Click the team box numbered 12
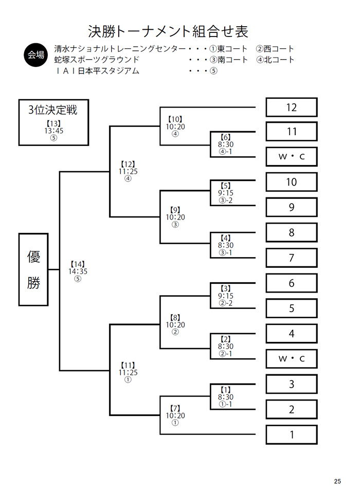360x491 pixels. (x=292, y=107)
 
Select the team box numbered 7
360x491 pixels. (x=292, y=258)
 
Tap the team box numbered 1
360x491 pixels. (x=292, y=434)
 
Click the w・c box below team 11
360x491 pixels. (x=292, y=157)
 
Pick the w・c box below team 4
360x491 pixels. (x=292, y=358)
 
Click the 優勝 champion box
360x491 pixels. (x=33, y=269)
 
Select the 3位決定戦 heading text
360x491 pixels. (x=52, y=110)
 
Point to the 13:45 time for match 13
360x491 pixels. (x=54, y=131)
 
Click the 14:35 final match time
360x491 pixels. (x=78, y=271)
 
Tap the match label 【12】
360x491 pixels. (x=128, y=164)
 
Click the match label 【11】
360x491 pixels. (x=128, y=365)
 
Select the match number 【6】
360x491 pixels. (x=226, y=137)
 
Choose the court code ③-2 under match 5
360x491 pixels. (x=226, y=200)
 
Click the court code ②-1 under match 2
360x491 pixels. (x=226, y=354)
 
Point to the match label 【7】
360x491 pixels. (x=175, y=408)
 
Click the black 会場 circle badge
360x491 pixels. (x=36, y=55)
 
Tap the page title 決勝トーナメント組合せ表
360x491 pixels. (x=168, y=31)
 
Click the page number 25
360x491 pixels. (x=337, y=481)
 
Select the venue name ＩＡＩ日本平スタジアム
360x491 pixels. (x=97, y=71)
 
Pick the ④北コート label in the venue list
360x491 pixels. (x=275, y=60)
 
